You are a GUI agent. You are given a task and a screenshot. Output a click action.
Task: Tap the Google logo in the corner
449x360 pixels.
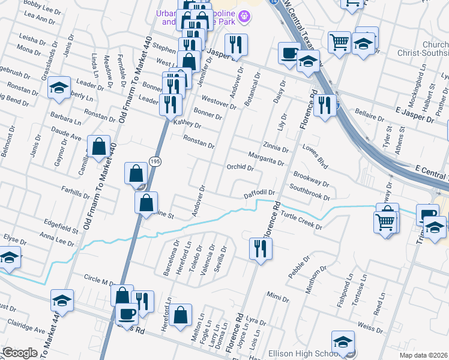pyautogui.click(x=20, y=353)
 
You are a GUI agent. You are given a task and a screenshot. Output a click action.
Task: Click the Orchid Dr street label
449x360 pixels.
pyautogui.click(x=241, y=167)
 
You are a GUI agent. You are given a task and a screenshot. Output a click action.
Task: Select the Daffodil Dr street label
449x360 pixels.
pyautogui.click(x=259, y=194)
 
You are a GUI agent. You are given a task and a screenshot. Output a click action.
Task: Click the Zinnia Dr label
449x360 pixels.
pyautogui.click(x=276, y=148)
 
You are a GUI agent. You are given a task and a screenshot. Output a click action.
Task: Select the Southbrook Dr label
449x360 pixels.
pyautogui.click(x=309, y=192)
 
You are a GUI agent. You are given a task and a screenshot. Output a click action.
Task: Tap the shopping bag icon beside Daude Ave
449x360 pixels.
pyautogui.click(x=98, y=147)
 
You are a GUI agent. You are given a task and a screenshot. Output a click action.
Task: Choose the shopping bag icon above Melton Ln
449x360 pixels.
pyautogui.click(x=180, y=316)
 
